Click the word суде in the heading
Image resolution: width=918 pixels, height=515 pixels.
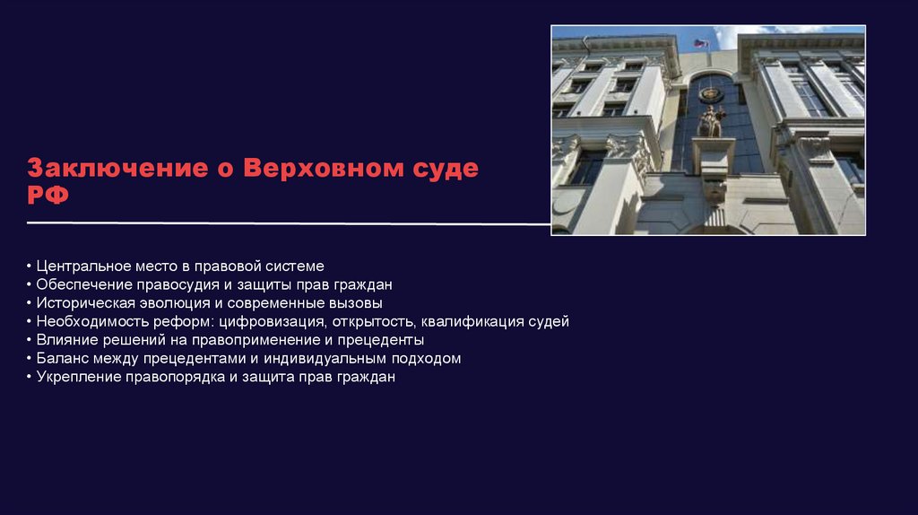click(439, 169)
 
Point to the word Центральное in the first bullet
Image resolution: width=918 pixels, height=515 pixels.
click(82, 266)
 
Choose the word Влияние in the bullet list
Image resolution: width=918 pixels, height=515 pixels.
click(65, 340)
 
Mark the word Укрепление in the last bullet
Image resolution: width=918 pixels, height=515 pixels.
click(77, 377)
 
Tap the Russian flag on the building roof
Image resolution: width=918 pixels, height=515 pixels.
click(700, 43)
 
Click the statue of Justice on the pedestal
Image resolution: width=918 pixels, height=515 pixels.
click(712, 120)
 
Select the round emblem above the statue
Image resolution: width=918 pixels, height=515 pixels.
click(711, 93)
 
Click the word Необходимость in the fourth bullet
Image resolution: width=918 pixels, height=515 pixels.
click(87, 321)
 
